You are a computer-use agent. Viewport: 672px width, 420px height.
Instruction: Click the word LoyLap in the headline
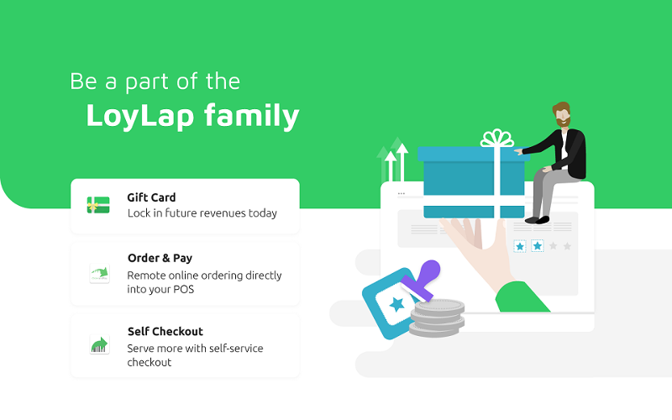pos(139,116)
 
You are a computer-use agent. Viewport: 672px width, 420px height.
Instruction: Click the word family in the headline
pos(251,116)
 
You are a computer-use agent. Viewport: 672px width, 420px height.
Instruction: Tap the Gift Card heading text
pos(151,197)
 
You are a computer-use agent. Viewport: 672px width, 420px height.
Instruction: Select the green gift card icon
pos(98,205)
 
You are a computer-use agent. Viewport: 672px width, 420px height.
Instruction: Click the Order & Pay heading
pos(160,258)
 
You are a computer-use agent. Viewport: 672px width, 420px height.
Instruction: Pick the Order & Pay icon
pos(99,274)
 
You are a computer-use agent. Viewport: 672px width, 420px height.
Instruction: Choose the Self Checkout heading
pos(165,331)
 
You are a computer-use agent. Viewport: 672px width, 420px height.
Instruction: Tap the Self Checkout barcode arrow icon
pos(99,344)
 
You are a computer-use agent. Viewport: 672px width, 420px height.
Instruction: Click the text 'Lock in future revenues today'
pos(202,213)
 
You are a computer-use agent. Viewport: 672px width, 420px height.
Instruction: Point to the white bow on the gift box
pos(496,138)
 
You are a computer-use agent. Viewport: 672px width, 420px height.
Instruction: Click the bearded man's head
pos(562,114)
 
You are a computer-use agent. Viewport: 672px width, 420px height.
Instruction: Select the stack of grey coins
pos(437,318)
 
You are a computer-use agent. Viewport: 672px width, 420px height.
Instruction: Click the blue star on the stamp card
pos(396,304)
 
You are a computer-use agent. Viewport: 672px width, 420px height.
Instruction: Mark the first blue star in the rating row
pos(520,246)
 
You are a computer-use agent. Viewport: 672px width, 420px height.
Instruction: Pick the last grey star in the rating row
pos(567,246)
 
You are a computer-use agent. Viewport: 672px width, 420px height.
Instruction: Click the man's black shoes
pos(538,220)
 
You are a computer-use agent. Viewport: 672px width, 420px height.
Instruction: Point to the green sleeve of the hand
pos(522,297)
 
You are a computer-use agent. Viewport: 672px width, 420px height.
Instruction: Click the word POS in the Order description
pos(183,289)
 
